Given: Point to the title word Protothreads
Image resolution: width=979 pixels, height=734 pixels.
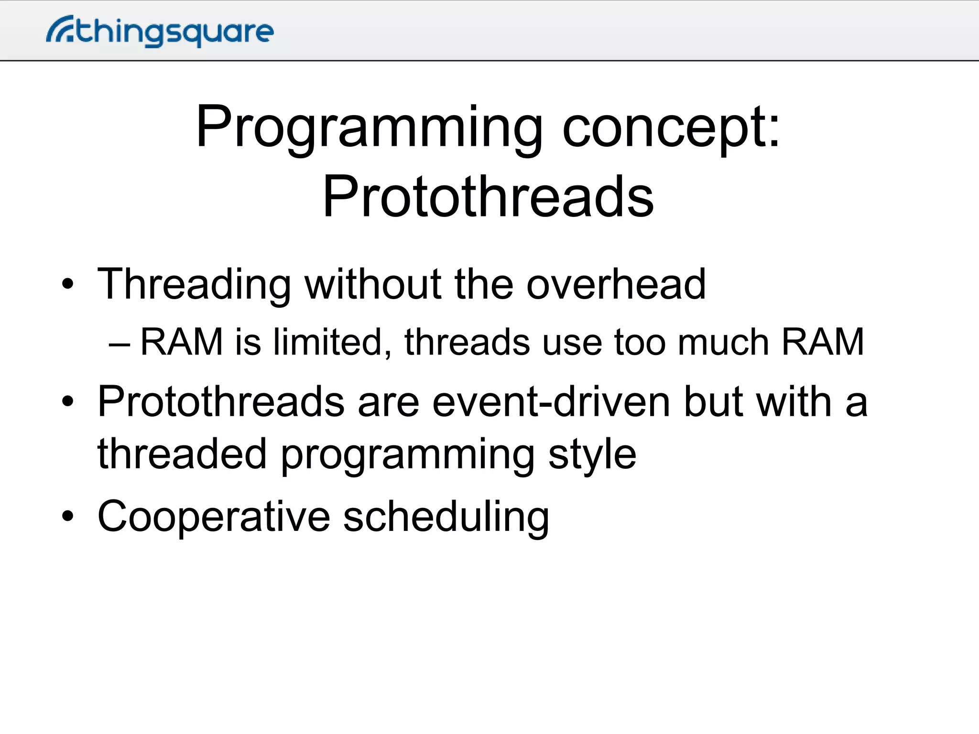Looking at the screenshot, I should click(x=488, y=196).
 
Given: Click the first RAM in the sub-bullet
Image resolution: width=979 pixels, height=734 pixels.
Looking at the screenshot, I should click(x=182, y=342).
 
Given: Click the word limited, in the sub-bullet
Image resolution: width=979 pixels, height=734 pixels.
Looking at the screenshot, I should click(x=332, y=342).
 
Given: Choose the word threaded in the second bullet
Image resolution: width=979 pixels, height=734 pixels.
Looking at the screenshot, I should click(x=182, y=454).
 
